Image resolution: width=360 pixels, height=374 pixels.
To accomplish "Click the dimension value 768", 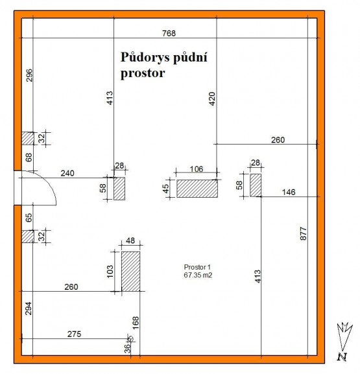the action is click(x=169, y=33).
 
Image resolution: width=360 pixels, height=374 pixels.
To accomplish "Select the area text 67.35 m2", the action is click(x=198, y=275).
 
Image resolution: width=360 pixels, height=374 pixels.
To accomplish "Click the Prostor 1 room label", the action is click(x=197, y=267).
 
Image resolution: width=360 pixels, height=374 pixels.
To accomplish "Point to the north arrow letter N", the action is click(x=342, y=356).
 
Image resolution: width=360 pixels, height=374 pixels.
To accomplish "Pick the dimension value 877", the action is click(x=303, y=233).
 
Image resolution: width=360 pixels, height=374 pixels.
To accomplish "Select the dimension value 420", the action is click(x=212, y=99).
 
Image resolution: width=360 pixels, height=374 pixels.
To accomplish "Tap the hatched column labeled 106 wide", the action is click(x=197, y=189).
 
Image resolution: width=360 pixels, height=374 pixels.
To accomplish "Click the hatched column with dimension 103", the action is click(x=130, y=271).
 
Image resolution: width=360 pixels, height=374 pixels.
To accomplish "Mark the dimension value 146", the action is click(x=289, y=192).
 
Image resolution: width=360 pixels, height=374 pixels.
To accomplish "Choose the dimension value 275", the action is click(x=74, y=334).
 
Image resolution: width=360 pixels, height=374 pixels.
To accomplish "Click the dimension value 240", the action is click(x=67, y=173).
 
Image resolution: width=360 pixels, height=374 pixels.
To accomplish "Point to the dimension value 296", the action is click(x=29, y=75).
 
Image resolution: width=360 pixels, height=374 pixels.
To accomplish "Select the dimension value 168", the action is click(x=136, y=323).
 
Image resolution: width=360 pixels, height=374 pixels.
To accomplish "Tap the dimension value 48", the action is click(x=130, y=240).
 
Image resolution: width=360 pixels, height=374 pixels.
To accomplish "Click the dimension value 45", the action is click(x=165, y=189).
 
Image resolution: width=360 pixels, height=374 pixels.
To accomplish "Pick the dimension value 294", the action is click(x=29, y=309).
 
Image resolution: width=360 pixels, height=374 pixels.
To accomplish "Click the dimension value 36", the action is click(x=128, y=348).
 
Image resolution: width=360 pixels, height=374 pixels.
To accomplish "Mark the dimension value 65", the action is click(x=29, y=218).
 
